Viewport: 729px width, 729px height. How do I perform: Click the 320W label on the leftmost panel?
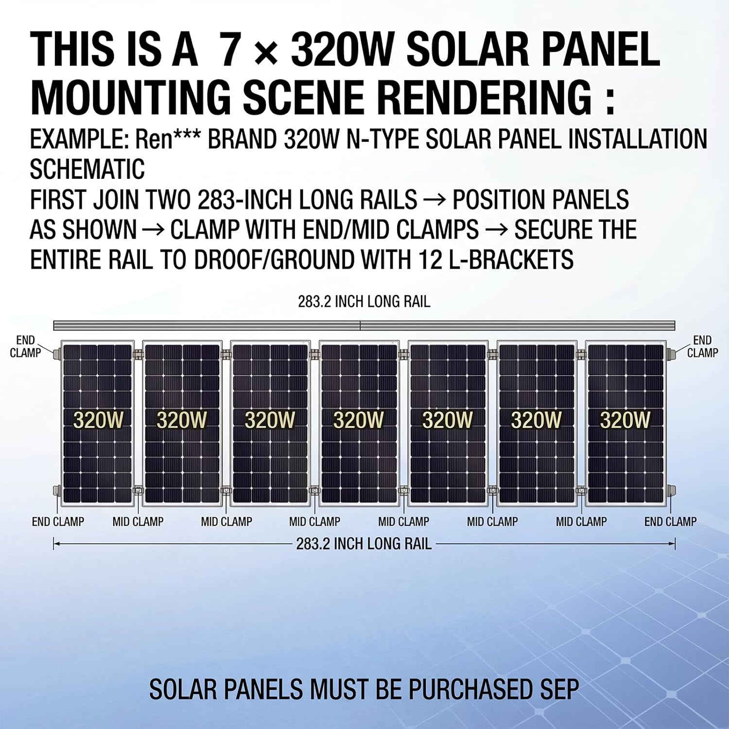(x=98, y=420)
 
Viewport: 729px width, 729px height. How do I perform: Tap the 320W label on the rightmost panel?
(x=625, y=420)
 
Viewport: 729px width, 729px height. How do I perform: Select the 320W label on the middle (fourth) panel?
(x=359, y=420)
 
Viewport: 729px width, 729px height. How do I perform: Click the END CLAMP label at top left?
(x=25, y=347)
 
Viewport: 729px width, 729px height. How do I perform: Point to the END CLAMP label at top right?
(x=702, y=347)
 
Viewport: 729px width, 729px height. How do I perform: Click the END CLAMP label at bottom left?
(x=58, y=522)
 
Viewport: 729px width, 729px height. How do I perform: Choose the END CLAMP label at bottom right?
(x=670, y=522)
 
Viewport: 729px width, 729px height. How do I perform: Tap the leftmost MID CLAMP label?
(x=138, y=522)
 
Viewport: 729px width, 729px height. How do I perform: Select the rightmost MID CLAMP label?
(x=581, y=522)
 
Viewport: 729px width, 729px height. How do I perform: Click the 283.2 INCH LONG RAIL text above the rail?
(x=364, y=302)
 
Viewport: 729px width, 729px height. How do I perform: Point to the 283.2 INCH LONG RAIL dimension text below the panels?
(x=364, y=543)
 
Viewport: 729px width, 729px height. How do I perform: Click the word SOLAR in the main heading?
(x=467, y=50)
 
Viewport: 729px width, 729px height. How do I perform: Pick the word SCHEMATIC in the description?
(x=87, y=169)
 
